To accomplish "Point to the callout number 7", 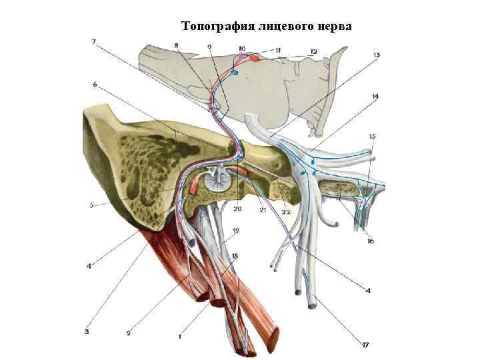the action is [x=94, y=41].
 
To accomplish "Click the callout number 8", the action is [x=176, y=45].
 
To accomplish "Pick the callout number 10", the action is [x=241, y=48].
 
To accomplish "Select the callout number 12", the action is [x=313, y=51].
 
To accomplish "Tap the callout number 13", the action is [x=377, y=55].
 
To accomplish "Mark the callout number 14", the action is [x=375, y=97].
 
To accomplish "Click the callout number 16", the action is [x=370, y=241].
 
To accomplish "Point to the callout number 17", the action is [x=366, y=345].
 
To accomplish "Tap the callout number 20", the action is [x=237, y=209].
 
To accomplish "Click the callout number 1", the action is [x=179, y=337].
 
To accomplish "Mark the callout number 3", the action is [x=86, y=329].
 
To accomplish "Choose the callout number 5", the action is [x=91, y=205].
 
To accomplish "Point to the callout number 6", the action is [x=95, y=85].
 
